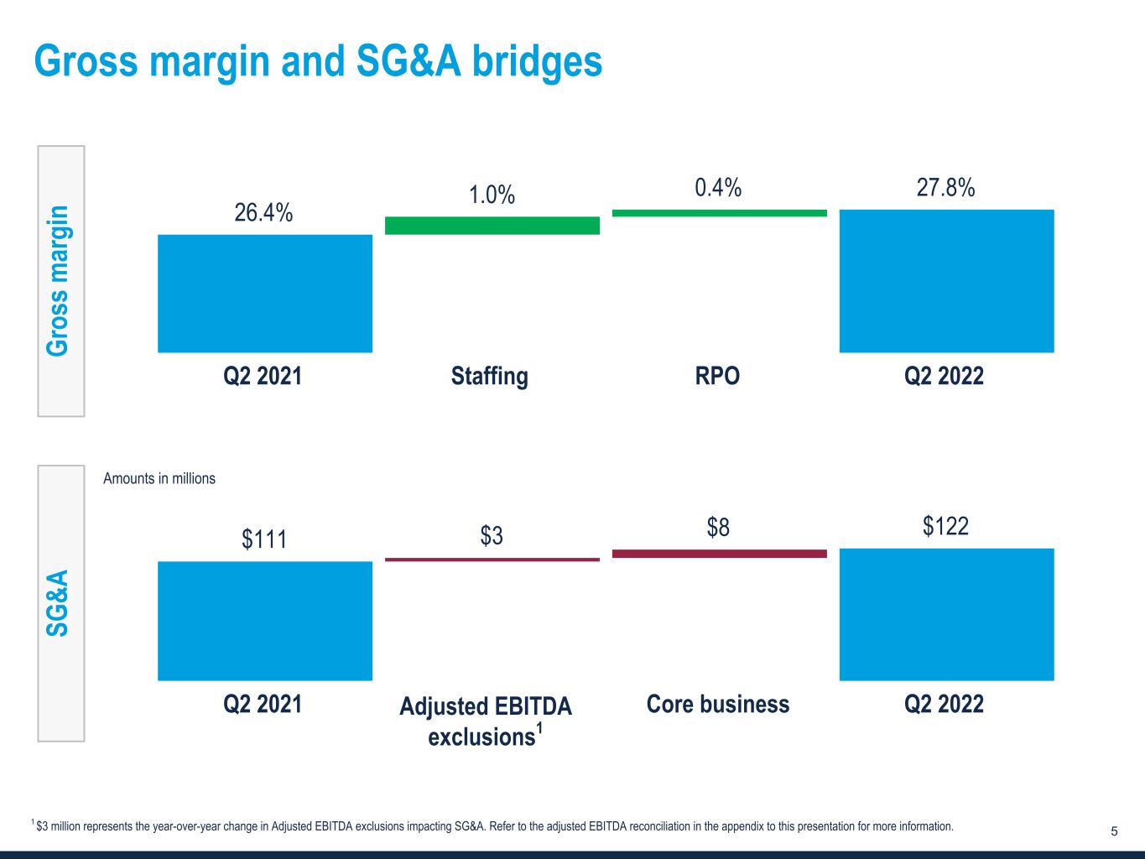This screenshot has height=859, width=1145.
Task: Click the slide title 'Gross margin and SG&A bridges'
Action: click(318, 60)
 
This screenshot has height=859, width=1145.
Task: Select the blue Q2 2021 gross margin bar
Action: click(265, 294)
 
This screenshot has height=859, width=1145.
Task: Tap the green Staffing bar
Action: click(492, 226)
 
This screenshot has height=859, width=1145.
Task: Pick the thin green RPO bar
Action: click(720, 213)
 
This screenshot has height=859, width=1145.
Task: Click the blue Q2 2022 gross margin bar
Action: click(946, 281)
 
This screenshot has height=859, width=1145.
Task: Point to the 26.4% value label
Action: click(263, 213)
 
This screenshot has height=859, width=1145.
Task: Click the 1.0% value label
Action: click(492, 195)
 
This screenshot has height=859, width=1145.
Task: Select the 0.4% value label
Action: click(718, 188)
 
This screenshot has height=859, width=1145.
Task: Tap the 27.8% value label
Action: click(945, 188)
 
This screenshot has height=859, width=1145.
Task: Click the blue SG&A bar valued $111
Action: click(265, 621)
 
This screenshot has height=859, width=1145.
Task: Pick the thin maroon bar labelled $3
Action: click(492, 559)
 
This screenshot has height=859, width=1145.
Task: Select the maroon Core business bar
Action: click(720, 554)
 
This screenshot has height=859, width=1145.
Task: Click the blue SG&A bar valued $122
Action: click(946, 614)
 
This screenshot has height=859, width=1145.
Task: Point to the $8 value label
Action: click(718, 528)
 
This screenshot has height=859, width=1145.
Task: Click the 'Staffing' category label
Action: click(490, 375)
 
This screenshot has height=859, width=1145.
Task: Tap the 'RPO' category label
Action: click(718, 375)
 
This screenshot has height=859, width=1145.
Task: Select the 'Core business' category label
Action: click(718, 704)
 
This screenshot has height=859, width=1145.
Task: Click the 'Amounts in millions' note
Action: click(159, 478)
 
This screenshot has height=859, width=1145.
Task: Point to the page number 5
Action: click(1114, 831)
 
